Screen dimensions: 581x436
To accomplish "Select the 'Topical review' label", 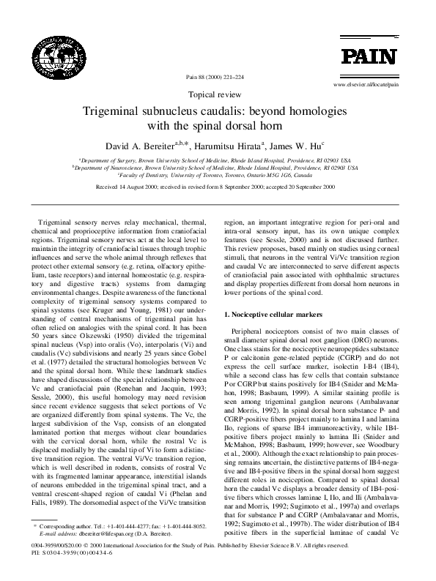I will pos(217,95).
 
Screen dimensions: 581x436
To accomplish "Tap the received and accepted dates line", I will pos(218,188).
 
